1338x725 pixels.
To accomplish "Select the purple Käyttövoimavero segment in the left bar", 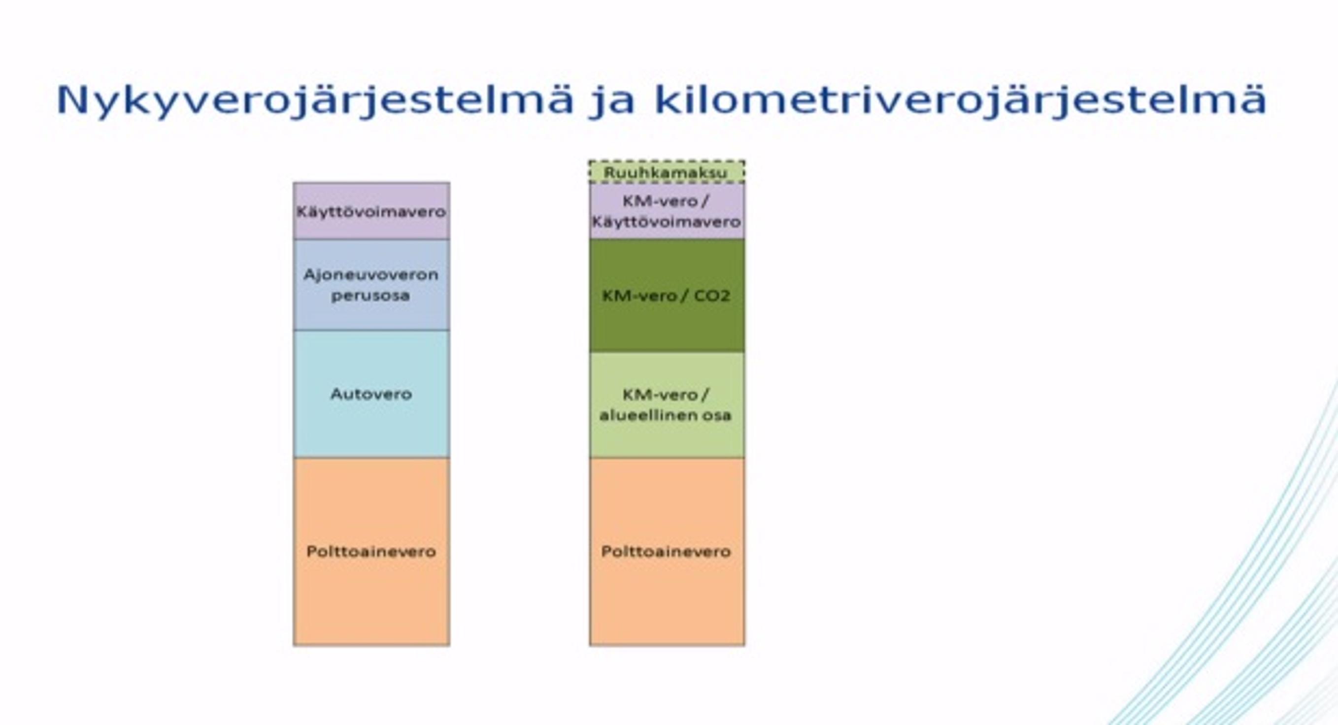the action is pos(371,211).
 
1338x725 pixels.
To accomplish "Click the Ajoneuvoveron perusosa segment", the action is pos(371,285).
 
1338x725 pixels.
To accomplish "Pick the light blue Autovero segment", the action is pos(371,394).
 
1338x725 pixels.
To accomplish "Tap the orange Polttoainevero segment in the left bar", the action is pos(371,552).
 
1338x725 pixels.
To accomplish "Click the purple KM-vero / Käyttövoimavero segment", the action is pos(667,211).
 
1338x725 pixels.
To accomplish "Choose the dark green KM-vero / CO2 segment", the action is pos(667,296).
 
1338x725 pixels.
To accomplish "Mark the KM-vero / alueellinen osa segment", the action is pos(667,405).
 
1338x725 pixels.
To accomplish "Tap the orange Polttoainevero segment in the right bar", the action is pos(667,552).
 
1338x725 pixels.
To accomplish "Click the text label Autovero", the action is pos(371,394).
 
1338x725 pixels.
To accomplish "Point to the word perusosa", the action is pos(371,296).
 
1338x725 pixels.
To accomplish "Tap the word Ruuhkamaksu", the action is pos(666,173).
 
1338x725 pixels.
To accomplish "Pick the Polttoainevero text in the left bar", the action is pos(371,552).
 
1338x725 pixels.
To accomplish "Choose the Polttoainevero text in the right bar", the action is pos(667,552).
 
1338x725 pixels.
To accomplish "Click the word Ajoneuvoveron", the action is pos(371,274).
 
